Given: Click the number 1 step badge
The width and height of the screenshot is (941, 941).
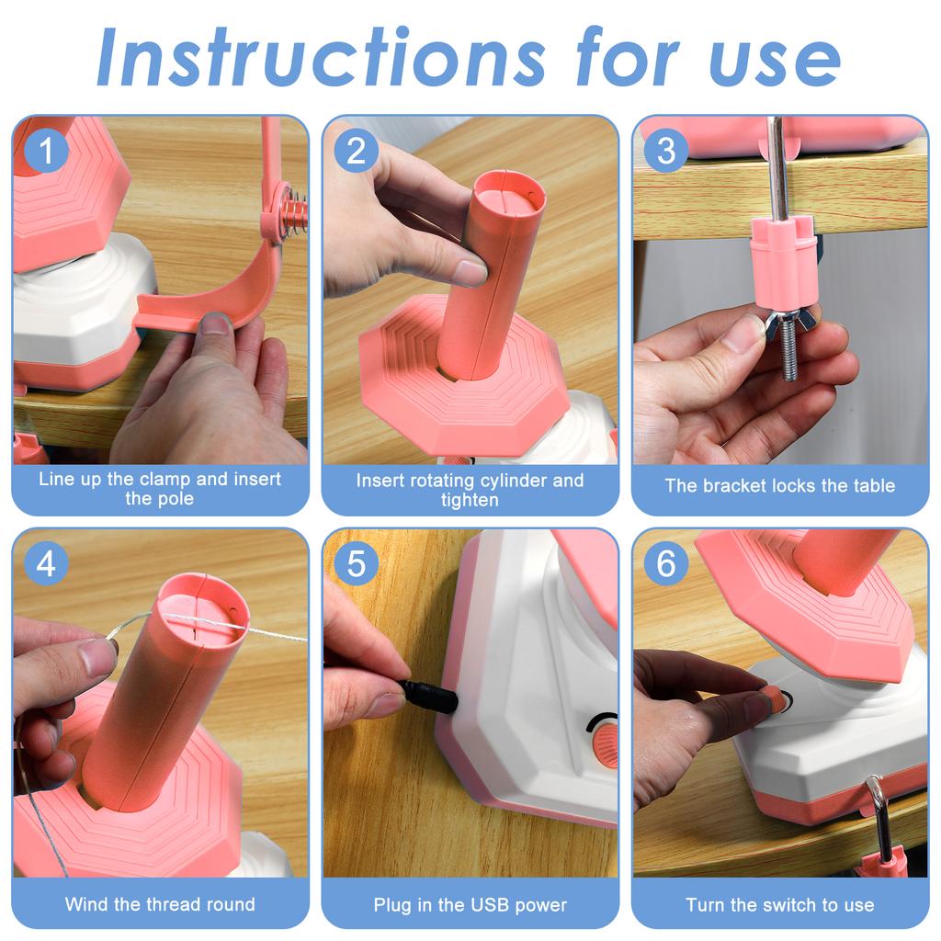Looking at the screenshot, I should tap(46, 151).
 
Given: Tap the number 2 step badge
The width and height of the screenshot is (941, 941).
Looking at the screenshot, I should tap(356, 151).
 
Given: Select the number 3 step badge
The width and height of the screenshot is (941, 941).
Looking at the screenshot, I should tap(666, 151).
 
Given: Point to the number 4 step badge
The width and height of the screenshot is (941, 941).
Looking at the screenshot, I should tap(46, 564).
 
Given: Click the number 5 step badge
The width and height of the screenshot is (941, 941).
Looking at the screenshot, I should tap(356, 564).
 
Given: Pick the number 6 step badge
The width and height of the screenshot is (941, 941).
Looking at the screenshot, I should tap(666, 564).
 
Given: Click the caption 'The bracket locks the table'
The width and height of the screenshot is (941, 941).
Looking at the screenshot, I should tap(779, 486).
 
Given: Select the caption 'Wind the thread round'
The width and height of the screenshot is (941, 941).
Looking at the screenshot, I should tap(160, 904).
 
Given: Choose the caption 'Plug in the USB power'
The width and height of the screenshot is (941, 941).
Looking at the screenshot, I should tap(470, 905).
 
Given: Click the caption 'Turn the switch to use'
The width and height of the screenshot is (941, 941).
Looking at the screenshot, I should tap(779, 905).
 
